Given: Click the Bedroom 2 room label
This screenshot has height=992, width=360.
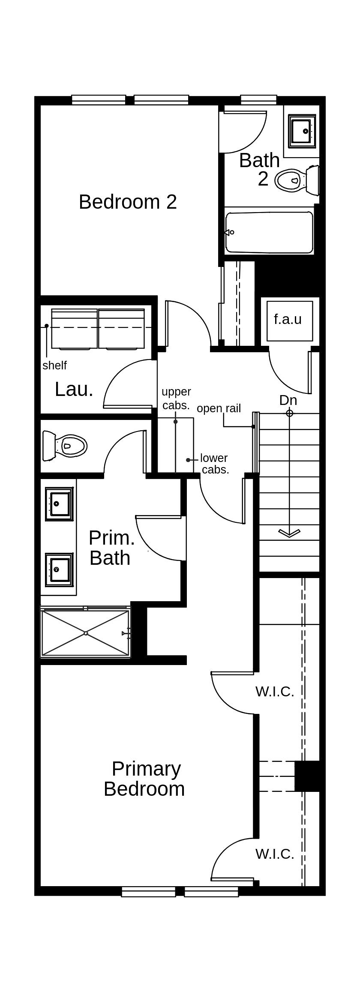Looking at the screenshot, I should coord(128,202).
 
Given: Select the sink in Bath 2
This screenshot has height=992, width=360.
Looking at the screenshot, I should coord(302,131).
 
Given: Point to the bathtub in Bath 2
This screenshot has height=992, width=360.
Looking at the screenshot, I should coord(269,232).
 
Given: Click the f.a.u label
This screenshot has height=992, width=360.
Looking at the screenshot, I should coord(288,319).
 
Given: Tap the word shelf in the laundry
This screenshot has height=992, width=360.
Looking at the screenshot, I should coord(54,366).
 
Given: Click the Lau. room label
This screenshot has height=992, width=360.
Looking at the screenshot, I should coord(74,389).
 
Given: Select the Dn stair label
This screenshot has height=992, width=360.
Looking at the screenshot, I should coord(288,400).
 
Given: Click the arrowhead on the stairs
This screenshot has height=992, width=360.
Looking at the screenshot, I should coord(289,533).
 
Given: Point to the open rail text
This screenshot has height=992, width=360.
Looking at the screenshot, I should coord(219,408).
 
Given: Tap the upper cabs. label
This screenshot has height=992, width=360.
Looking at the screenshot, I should coord(176,399).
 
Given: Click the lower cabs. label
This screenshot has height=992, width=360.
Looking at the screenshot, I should coord(214,464).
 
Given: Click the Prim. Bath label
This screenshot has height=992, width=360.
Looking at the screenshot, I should coord(111,548).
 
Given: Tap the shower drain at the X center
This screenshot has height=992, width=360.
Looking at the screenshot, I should coord(86,633).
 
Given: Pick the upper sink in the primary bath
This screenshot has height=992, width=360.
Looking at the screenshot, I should coord(59,503).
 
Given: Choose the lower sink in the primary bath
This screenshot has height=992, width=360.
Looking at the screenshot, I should coord(59,569).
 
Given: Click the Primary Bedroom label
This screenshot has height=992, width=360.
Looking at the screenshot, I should coord(144,779).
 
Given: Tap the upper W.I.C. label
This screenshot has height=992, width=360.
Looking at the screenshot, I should coord(275,691).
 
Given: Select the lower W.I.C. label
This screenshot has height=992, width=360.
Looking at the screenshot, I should coord(275,854).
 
